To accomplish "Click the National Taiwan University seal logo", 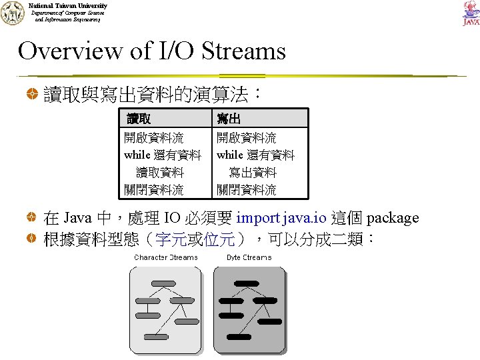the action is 12,13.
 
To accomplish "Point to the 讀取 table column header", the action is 139,119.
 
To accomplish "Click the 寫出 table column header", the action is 229,119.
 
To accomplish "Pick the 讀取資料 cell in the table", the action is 159,173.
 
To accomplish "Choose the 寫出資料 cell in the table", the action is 252,173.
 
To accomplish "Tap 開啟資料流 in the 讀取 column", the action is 154,139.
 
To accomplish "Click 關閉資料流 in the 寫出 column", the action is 246,190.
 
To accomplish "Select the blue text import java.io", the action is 281,218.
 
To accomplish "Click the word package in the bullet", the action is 393,218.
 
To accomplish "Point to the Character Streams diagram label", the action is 166,257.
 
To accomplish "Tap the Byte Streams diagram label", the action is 249,257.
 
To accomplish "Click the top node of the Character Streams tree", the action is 163,283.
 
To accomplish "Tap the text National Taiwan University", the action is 67,5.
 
